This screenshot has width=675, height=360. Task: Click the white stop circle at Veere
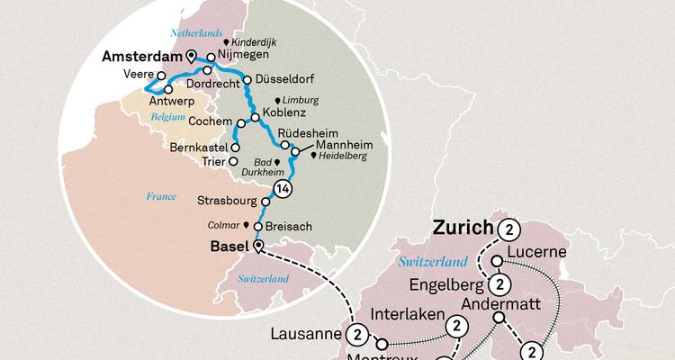click(x=161, y=76)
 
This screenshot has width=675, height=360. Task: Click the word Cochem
click(x=212, y=120)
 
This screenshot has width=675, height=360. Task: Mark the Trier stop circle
click(x=233, y=162)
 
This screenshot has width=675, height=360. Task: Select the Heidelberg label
click(x=345, y=156)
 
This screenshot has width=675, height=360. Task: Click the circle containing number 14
click(x=282, y=188)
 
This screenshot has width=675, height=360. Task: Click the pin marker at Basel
click(x=259, y=246)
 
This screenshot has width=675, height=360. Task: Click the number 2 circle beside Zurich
click(x=511, y=228)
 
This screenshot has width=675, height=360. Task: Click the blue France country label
click(x=160, y=196)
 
